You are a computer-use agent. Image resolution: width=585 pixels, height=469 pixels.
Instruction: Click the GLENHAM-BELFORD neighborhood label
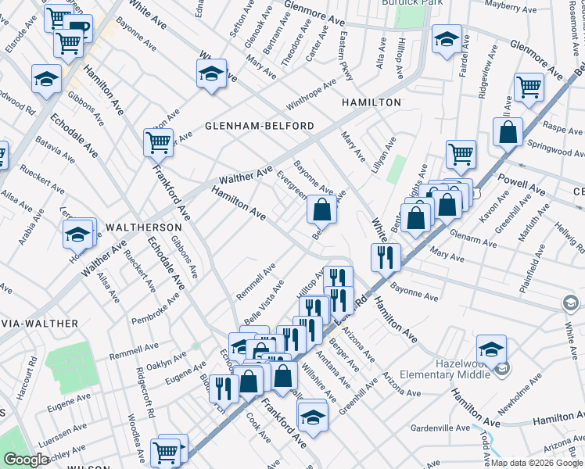260,126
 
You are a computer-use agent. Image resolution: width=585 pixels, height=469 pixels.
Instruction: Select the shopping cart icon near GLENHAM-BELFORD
158,142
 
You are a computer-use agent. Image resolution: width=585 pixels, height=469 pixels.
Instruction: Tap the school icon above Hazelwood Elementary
491,349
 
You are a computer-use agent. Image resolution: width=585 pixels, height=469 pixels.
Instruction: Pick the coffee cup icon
79,29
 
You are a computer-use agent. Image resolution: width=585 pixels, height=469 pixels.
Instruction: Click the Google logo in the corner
25,460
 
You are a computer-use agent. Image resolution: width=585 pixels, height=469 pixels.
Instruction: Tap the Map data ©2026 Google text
537,462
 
